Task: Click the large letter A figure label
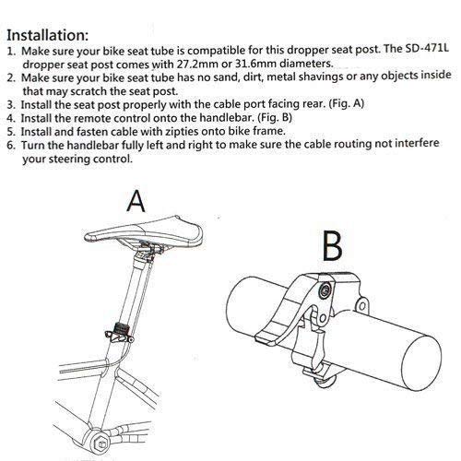tap(136, 200)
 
